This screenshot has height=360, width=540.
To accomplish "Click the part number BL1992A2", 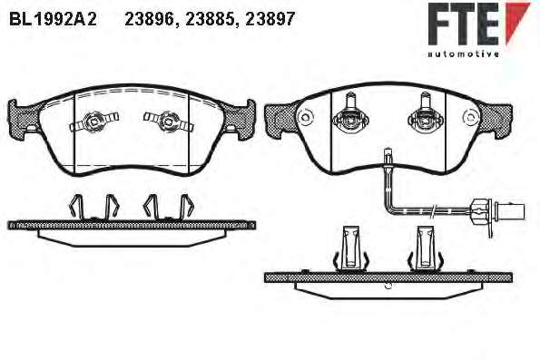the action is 53,19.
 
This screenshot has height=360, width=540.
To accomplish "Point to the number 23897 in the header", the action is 270,19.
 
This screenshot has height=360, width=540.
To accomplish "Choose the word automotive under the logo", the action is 463,54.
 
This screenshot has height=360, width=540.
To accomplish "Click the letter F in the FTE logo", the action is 440,24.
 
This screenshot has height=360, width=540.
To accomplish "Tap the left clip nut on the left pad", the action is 93,121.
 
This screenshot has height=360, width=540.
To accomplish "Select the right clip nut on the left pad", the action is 168,121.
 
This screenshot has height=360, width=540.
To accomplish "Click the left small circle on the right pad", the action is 305,117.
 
